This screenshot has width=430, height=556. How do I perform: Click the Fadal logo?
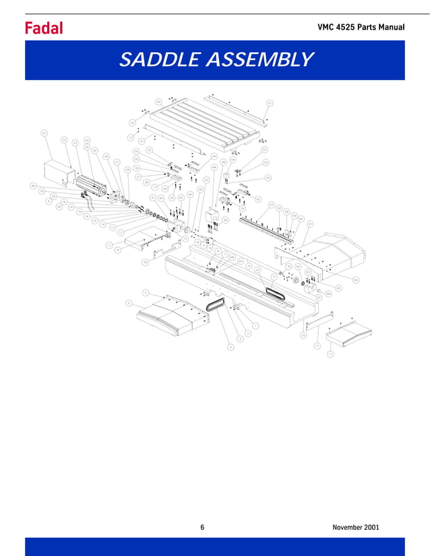pos(44,28)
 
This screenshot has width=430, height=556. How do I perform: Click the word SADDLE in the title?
pos(157,60)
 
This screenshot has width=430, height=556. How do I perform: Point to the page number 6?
pos(202,526)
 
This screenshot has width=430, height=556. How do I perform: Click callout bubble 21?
pos(44,133)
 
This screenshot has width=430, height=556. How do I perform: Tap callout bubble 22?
pos(64,140)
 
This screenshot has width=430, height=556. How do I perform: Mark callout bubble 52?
pos(265,149)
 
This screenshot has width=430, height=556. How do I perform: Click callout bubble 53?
pos(266,162)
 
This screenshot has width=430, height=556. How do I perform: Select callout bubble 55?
pos(268,178)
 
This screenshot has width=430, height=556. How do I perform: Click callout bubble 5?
pos(128,304)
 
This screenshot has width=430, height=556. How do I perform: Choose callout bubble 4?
pos(231,347)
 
